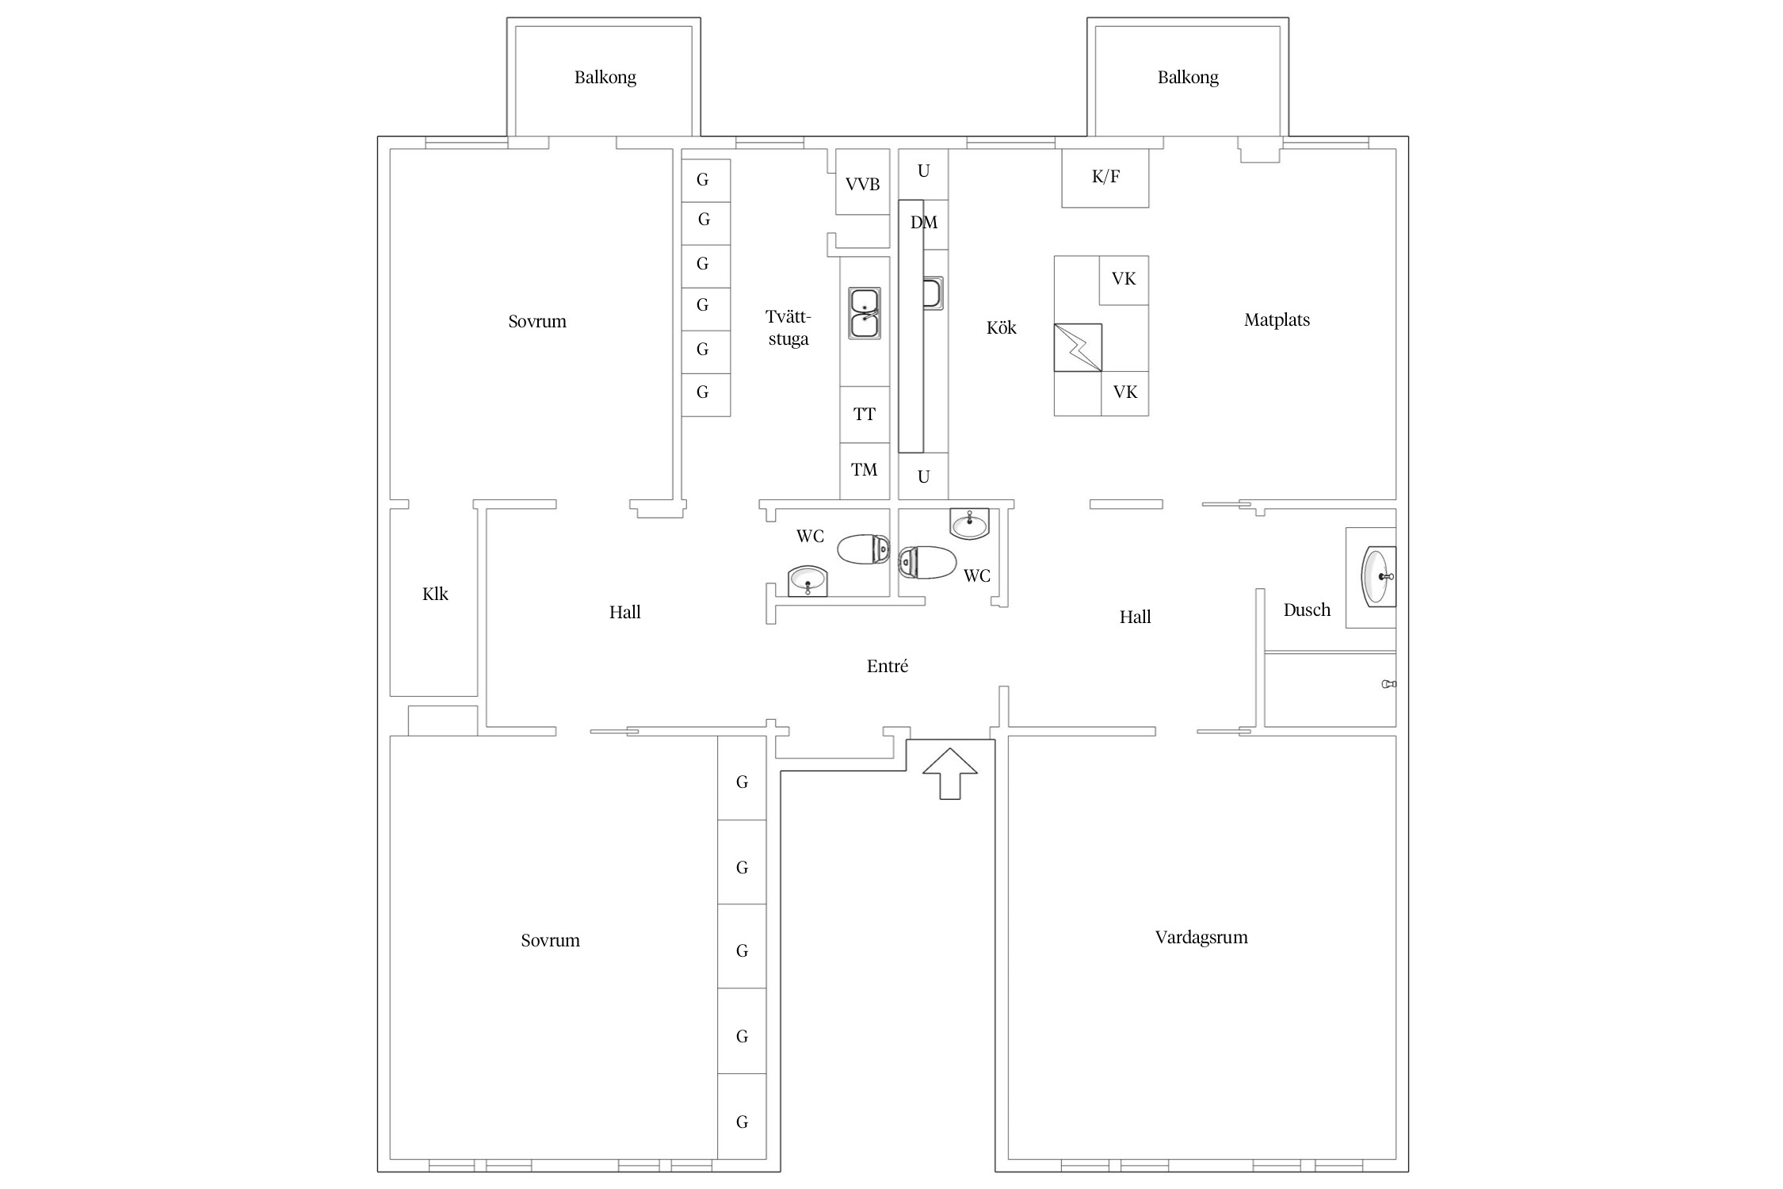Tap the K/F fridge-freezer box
pos(1105,178)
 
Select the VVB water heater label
pos(862,185)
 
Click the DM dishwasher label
pos(923,223)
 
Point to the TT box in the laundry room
pos(864,415)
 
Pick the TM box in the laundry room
pos(864,470)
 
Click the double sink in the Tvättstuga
pos(864,313)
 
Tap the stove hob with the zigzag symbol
pos(1078,347)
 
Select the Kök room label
pos(1001,328)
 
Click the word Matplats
pos(1277,320)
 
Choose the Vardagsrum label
pos(1201,938)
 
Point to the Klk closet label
pos(435,594)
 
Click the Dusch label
pos(1307,610)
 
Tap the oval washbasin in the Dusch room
pos(1376,576)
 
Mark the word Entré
pos(888,667)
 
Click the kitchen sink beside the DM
pos(933,293)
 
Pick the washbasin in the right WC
pos(969,523)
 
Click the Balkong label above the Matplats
pos(1188,78)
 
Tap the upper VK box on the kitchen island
pos(1124,279)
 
